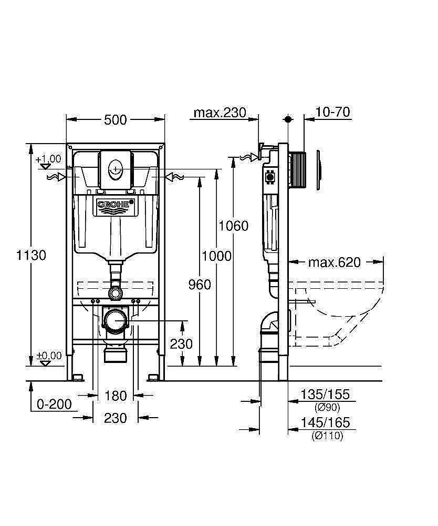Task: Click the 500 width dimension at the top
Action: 115,120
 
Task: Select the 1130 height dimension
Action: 31,255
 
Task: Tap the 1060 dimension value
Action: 233,226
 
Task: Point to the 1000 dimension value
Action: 216,256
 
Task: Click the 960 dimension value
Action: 199,285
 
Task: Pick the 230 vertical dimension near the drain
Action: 182,343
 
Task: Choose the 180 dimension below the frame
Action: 115,395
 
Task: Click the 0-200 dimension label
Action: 54,404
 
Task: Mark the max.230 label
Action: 220,113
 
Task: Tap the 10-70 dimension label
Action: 333,112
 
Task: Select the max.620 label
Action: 334,262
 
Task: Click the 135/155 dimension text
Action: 325,395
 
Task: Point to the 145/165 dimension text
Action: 325,423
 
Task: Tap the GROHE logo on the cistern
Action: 115,204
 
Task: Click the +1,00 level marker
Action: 48,159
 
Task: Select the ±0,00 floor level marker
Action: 49,356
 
